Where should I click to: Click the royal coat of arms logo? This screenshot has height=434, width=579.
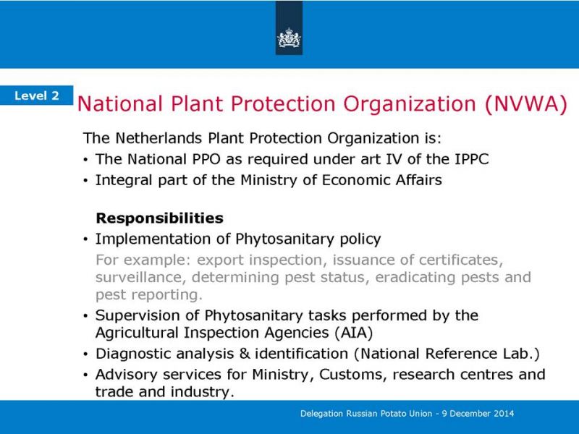click(289, 38)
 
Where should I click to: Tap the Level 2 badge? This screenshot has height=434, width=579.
click(37, 95)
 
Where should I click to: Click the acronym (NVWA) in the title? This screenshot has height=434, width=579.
click(526, 103)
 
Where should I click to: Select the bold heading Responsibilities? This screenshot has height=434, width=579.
click(159, 218)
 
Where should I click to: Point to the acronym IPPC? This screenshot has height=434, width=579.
click(472, 159)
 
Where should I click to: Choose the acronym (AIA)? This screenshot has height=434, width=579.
click(354, 333)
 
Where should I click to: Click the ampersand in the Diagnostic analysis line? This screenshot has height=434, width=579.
click(245, 354)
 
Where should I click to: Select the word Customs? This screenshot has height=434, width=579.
click(352, 375)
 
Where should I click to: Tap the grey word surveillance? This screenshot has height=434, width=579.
click(140, 278)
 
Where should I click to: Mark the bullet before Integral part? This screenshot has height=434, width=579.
click(86, 181)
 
